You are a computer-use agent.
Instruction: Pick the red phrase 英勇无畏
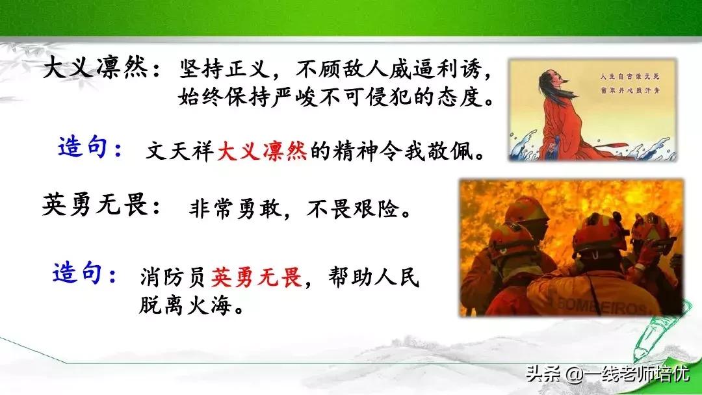(257, 278)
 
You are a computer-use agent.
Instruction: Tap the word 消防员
(174, 278)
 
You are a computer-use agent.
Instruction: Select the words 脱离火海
(185, 305)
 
